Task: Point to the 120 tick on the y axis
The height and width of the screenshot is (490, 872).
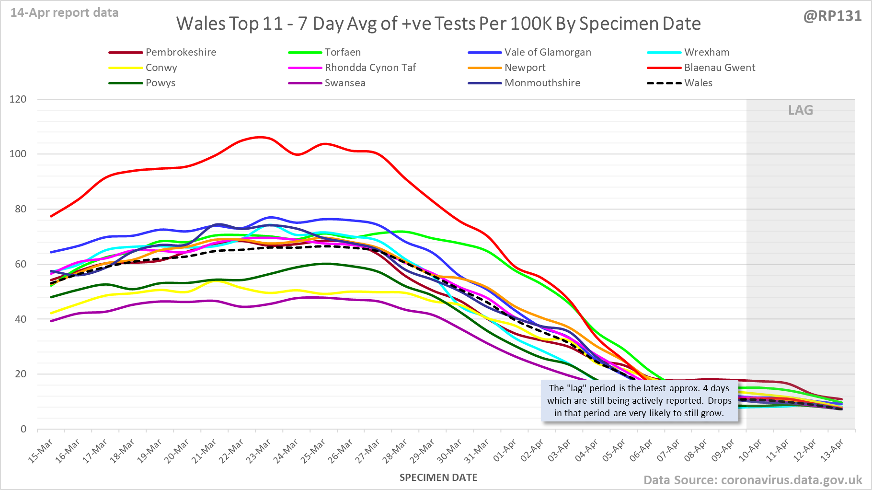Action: (x=18, y=99)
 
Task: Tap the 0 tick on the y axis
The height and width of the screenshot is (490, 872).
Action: (x=23, y=429)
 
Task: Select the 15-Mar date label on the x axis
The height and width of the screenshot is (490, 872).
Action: (x=41, y=451)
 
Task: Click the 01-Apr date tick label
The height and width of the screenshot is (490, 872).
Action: (x=505, y=451)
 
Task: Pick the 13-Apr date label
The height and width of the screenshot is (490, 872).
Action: (x=832, y=451)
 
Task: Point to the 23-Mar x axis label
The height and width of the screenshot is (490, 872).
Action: (x=259, y=451)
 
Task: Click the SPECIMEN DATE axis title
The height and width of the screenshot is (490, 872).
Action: (x=438, y=478)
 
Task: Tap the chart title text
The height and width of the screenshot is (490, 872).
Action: (x=438, y=23)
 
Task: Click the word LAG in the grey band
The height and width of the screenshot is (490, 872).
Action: (x=801, y=110)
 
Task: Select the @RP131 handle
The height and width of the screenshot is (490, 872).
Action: (x=833, y=16)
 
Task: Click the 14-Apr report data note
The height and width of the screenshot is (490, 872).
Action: (x=65, y=13)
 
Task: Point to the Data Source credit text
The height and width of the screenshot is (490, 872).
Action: (x=753, y=480)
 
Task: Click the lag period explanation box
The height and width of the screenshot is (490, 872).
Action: (x=640, y=401)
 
